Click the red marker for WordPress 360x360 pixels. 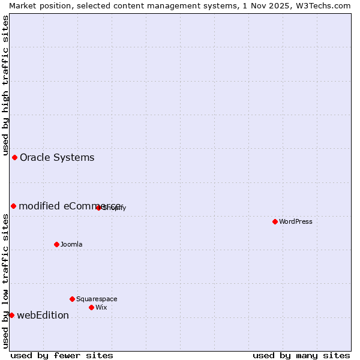[275, 221]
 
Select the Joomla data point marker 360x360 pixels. [56, 244]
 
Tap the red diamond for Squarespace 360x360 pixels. [72, 299]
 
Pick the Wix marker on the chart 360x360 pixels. [91, 307]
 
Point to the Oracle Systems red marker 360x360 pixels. [14, 157]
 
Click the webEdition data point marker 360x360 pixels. [11, 315]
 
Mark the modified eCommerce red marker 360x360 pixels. [13, 206]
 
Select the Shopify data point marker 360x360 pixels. [98, 208]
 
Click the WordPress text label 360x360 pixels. [296, 221]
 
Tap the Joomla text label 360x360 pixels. [71, 244]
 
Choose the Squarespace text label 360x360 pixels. [97, 299]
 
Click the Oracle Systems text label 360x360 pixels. [57, 157]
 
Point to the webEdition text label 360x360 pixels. [43, 315]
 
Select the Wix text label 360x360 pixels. [101, 307]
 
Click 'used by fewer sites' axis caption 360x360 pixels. [62, 355]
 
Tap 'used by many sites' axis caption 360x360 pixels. [301, 355]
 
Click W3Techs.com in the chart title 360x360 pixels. [323, 5]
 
